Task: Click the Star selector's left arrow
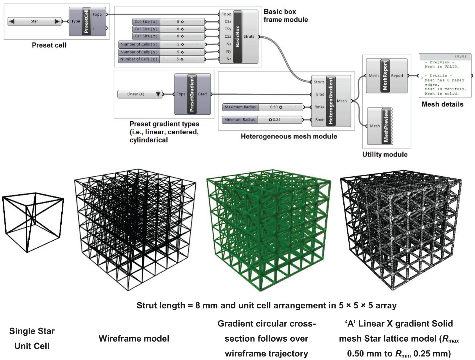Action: pyautogui.click(x=12, y=21)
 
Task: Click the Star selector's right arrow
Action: pyautogui.click(x=57, y=21)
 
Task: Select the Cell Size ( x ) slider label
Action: pyautogui.click(x=146, y=22)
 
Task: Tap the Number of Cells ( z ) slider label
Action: pyautogui.click(x=139, y=59)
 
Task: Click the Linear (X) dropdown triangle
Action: pyautogui.click(x=158, y=94)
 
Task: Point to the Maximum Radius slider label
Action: pyautogui.click(x=240, y=107)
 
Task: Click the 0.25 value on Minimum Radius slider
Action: pyautogui.click(x=277, y=120)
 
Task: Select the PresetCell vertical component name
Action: pyautogui.click(x=86, y=21)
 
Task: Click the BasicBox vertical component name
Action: pyautogui.click(x=237, y=36)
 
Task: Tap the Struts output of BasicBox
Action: pyautogui.click(x=249, y=36)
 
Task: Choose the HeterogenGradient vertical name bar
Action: pyautogui.click(x=331, y=101)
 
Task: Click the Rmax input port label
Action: pyautogui.click(x=319, y=107)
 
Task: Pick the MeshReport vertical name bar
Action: pyautogui.click(x=385, y=76)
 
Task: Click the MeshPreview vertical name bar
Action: pyautogui.click(x=386, y=126)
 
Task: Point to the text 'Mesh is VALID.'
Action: pyautogui.click(x=442, y=67)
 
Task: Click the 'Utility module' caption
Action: pyautogui.click(x=385, y=154)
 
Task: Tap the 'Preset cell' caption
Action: pyautogui.click(x=49, y=45)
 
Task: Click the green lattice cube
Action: pyautogui.click(x=268, y=230)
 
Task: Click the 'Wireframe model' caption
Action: pyautogui.click(x=134, y=339)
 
